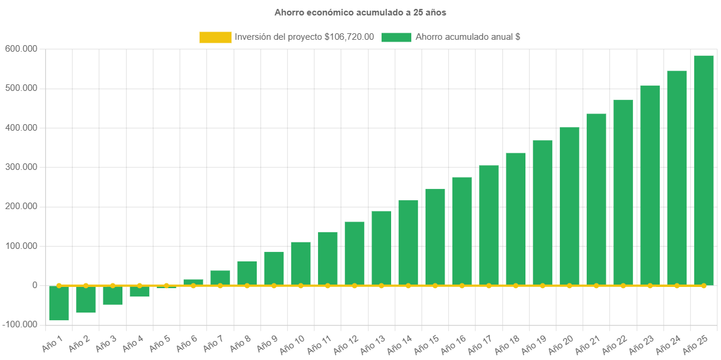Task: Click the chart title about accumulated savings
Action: click(360, 12)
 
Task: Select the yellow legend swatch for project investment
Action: click(215, 37)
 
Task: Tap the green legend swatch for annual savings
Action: click(396, 37)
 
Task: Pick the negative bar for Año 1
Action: click(59, 303)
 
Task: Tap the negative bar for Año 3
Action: click(112, 295)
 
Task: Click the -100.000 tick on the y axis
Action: click(20, 325)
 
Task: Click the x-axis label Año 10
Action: click(292, 344)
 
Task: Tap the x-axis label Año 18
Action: click(506, 344)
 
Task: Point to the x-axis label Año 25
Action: click(695, 344)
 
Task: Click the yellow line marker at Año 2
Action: click(86, 286)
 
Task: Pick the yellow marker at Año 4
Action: click(139, 286)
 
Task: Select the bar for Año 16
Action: click(462, 231)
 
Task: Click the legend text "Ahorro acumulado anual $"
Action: click(468, 37)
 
